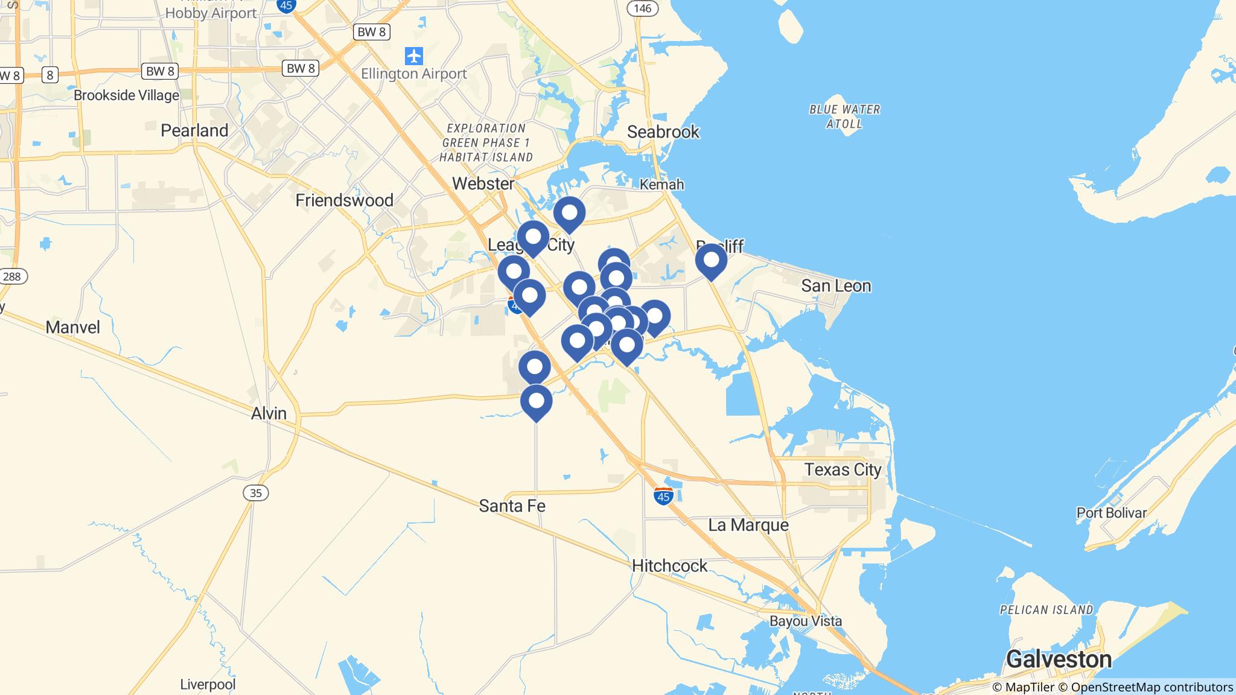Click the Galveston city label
(1059, 659)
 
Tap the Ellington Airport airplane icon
(414, 56)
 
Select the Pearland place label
(194, 130)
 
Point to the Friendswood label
(344, 200)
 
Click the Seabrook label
(663, 132)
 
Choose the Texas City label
(843, 469)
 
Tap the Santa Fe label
(512, 506)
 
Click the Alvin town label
(269, 413)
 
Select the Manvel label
(73, 327)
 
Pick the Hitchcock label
(669, 565)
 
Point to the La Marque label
(748, 525)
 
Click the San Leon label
(836, 285)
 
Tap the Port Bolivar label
(1111, 513)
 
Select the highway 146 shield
(643, 8)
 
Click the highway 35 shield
(256, 493)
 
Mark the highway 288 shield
(11, 277)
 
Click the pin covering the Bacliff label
(711, 261)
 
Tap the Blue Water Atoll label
(844, 116)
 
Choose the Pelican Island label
(1046, 610)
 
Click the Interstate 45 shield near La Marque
(663, 496)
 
